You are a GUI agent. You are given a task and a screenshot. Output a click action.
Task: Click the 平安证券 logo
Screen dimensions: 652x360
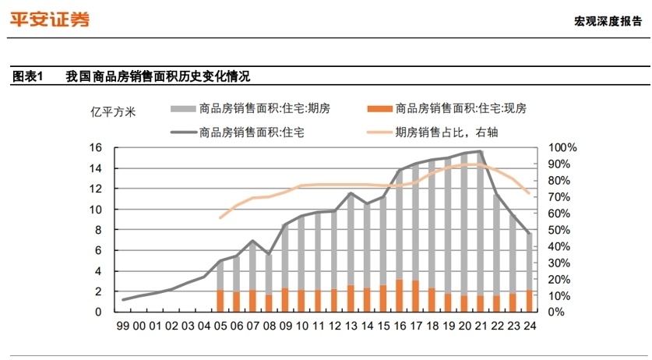pos(50,19)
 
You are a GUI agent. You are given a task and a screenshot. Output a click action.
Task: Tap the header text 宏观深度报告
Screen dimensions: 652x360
pos(608,21)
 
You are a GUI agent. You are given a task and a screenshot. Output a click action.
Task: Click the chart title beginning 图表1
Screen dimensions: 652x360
pos(132,76)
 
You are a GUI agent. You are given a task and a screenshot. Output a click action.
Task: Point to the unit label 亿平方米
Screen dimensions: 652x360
pos(113,112)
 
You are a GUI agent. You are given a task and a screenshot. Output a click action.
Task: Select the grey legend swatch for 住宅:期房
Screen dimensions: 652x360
pos(183,109)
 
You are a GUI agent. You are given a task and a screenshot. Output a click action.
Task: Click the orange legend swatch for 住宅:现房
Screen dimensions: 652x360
pos(379,109)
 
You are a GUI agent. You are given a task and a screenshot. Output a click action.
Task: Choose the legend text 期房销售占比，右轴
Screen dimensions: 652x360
pos(446,132)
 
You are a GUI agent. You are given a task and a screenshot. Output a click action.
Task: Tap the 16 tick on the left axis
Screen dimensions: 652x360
pos(95,147)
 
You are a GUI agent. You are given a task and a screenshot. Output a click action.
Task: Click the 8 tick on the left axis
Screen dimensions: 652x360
pos(98,230)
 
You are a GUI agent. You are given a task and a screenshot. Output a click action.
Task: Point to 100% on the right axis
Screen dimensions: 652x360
pos(562,147)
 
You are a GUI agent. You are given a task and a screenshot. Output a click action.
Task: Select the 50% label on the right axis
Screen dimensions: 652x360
pos(559,230)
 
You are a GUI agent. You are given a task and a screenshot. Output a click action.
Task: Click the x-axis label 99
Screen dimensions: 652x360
pos(122,326)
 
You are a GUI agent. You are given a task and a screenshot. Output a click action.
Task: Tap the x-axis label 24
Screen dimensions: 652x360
pos(530,326)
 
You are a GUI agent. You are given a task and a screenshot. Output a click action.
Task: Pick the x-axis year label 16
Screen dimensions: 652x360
pos(400,326)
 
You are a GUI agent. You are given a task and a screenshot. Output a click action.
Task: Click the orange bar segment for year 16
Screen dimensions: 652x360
pos(399,295)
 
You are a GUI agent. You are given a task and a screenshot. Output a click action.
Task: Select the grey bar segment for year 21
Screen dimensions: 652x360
pos(481,224)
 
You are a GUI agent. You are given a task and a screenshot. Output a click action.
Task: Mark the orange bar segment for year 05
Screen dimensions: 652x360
pos(220,301)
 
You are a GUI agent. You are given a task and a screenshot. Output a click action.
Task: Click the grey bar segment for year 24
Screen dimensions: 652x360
pos(530,262)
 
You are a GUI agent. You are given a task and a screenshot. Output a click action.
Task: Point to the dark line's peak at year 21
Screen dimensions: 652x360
pos(481,151)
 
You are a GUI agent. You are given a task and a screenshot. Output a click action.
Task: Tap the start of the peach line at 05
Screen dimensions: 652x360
pos(220,217)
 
